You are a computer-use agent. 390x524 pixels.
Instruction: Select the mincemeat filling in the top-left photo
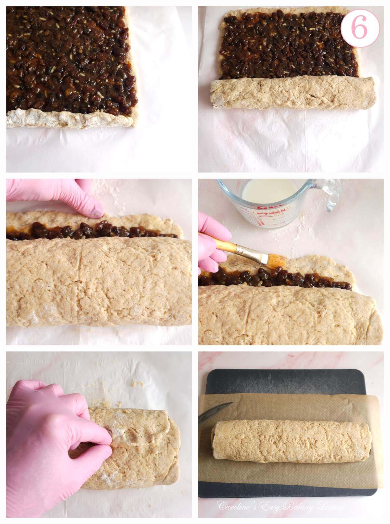[68, 55]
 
